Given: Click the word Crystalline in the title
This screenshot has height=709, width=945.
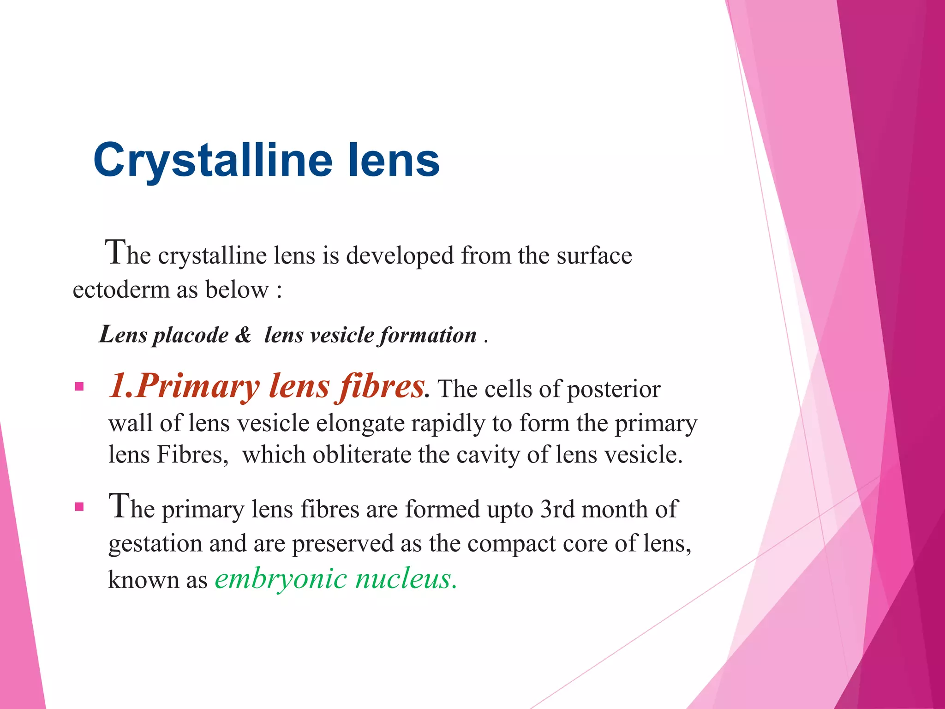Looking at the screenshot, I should [x=213, y=160].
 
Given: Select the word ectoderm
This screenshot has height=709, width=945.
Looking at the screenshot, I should [x=121, y=290].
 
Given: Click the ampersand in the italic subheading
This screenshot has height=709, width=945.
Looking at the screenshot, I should [x=243, y=335].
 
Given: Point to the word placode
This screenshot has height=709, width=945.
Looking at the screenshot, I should [x=191, y=336].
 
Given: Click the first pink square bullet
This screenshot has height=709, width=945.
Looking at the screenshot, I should [x=79, y=386].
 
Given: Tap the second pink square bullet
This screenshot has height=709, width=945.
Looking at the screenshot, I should [x=79, y=507].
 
